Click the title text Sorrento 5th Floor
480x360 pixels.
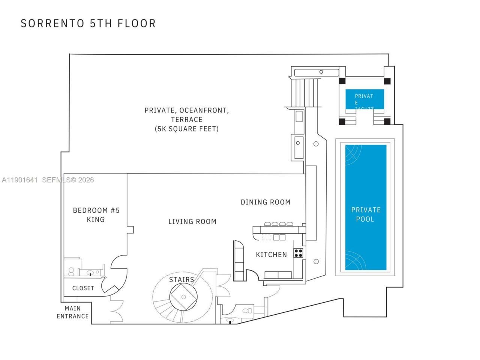88,23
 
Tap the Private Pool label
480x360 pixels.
366,214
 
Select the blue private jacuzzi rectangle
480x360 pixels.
364,99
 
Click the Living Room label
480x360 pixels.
192,222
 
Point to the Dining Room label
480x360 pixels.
265,202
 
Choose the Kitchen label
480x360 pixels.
271,255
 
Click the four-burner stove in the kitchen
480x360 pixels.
298,253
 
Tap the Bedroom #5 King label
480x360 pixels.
96,215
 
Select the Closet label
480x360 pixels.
83,288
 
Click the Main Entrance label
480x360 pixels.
73,312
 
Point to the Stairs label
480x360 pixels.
181,279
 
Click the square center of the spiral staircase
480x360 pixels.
184,297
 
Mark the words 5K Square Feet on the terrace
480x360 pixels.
186,129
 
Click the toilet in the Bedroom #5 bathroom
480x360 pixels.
71,271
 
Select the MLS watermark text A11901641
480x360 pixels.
19,180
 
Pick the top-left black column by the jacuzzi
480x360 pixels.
342,81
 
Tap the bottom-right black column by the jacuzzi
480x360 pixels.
387,121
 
